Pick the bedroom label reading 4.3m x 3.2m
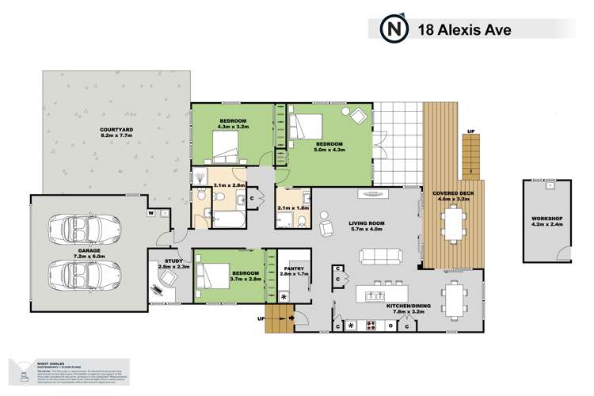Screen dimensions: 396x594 coord(234,123)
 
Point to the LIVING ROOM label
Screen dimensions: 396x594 coord(365,228)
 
